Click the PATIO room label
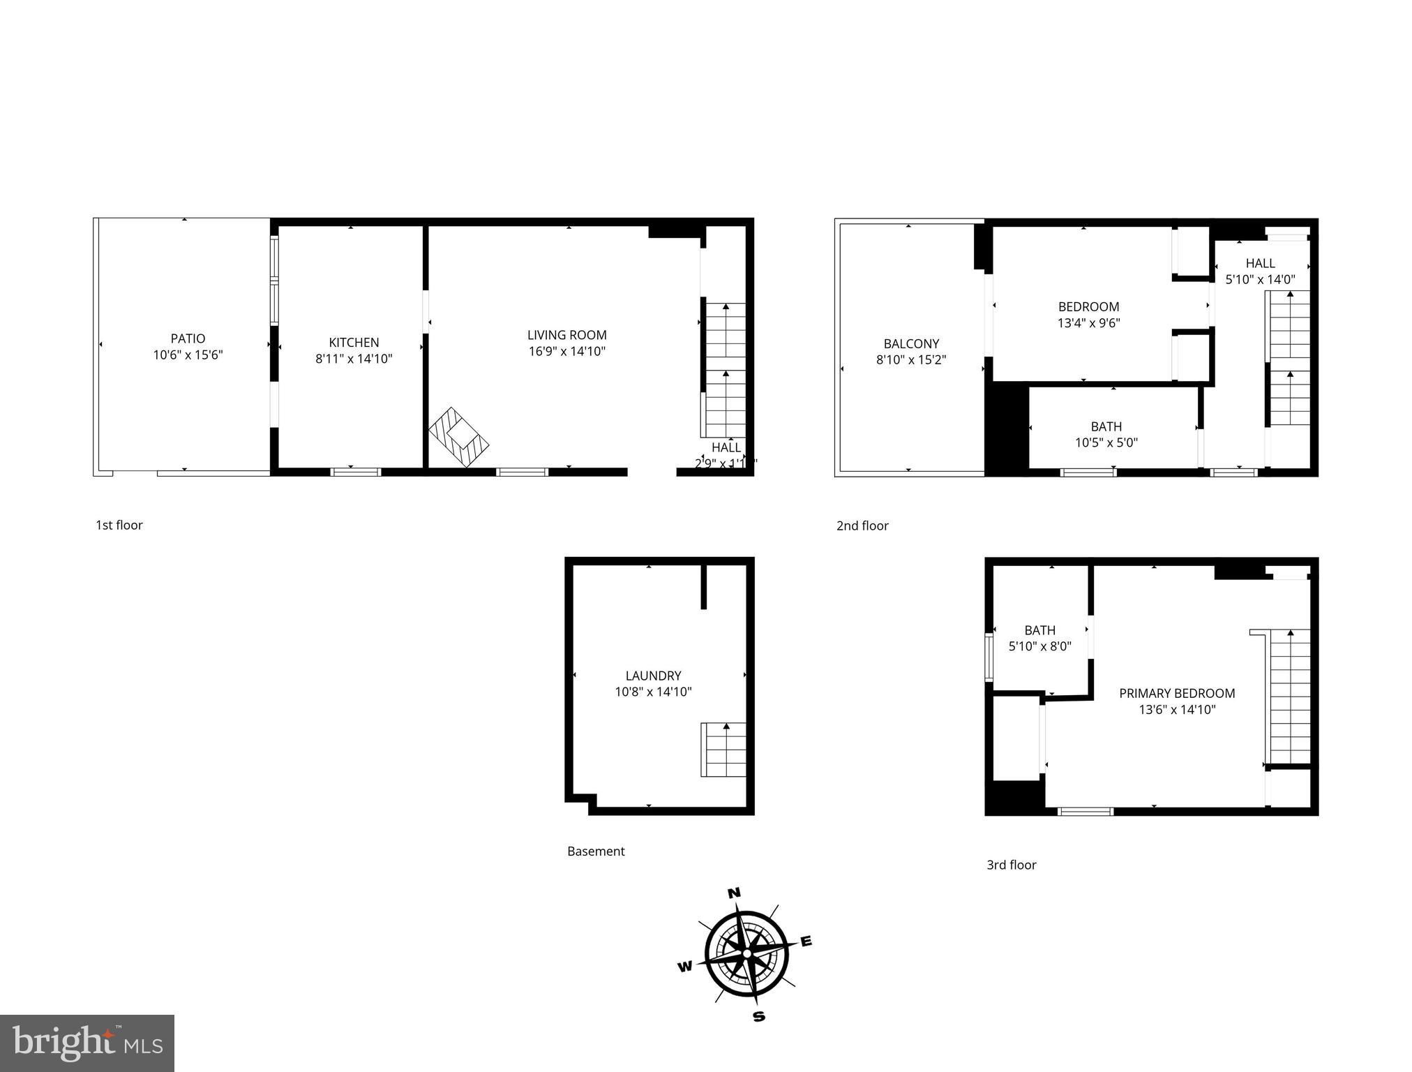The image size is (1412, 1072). pos(188,339)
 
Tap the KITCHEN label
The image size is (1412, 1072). pos(354,343)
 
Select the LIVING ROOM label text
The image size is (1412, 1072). pos(566,335)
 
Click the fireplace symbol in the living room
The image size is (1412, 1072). pos(458,438)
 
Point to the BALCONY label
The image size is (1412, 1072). pos(911,343)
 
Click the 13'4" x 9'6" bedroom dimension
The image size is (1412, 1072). pos(1088,323)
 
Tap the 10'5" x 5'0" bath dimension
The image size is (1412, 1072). pos(1106,442)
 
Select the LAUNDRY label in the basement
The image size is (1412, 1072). pos(653,676)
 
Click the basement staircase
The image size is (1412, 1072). pos(723,750)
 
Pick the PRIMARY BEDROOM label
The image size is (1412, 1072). pos(1177,693)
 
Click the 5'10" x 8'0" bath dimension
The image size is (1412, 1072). pos(1039,647)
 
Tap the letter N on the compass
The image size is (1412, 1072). pos(734,893)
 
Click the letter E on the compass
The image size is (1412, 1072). pos(806,941)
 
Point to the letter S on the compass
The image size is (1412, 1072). pos(759,1017)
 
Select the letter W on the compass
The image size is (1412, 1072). pos(685,967)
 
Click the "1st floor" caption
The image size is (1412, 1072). pos(119,526)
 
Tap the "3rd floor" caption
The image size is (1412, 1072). pos(1011,865)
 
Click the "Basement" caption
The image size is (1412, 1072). pos(596,851)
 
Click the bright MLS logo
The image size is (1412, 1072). pos(87,1043)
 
